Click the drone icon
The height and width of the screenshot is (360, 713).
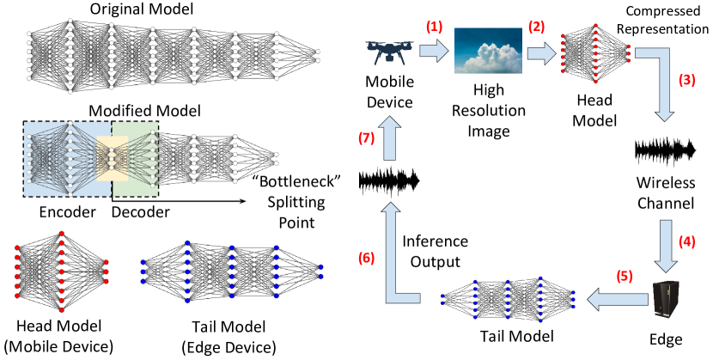(x=389, y=52)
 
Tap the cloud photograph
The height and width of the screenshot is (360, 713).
(x=488, y=51)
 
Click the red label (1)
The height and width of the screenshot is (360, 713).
(x=434, y=27)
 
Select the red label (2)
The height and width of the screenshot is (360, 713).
(x=536, y=27)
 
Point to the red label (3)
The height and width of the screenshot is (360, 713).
(x=686, y=81)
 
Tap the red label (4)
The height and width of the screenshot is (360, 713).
(x=686, y=242)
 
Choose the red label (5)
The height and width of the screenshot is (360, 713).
(x=625, y=277)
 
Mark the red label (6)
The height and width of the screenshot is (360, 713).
(x=366, y=258)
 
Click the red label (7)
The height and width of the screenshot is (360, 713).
(x=366, y=138)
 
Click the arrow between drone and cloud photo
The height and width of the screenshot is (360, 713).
(x=434, y=52)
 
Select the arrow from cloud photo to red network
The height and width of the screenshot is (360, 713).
(x=541, y=54)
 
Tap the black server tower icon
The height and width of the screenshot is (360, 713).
(x=666, y=300)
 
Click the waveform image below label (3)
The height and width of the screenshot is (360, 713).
(x=665, y=151)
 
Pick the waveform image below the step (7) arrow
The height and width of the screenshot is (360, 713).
(x=389, y=181)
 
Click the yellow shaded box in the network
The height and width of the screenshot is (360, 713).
(x=112, y=158)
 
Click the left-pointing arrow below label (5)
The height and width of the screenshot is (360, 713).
(x=617, y=299)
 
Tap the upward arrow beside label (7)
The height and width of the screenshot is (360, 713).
(x=390, y=138)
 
